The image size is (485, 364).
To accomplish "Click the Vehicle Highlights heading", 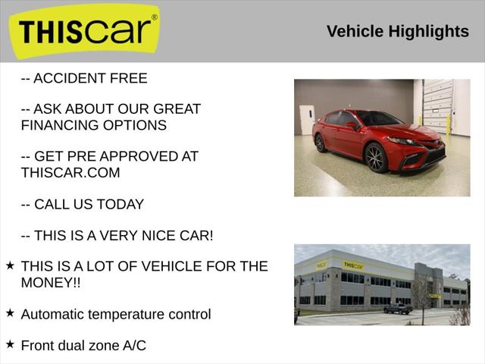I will [397, 31].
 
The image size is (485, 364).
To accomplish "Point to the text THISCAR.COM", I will [70, 172].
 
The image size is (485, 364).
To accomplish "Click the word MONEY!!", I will [51, 282].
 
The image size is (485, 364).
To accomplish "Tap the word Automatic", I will [58, 314].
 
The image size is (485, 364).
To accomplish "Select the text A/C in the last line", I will [133, 345].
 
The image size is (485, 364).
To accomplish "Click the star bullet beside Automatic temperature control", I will [10, 312].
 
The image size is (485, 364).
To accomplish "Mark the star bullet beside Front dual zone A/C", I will [10, 344].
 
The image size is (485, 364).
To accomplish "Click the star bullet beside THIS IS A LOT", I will [10, 265].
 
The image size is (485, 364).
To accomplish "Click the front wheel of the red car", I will [376, 158].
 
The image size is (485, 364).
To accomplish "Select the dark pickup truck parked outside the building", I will [397, 309].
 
